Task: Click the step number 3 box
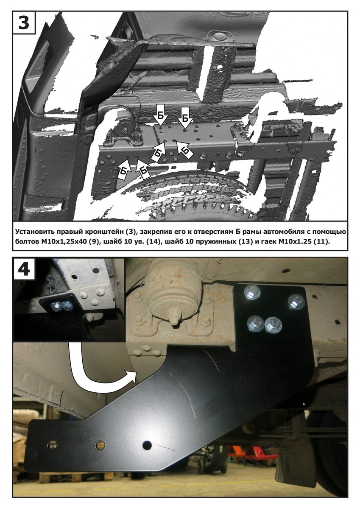coord(24,22)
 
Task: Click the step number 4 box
coord(24,269)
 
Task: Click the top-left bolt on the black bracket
coord(251,293)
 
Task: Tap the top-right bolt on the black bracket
coord(296,302)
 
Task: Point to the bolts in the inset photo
coord(62,307)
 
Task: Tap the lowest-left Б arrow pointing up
coord(123,169)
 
